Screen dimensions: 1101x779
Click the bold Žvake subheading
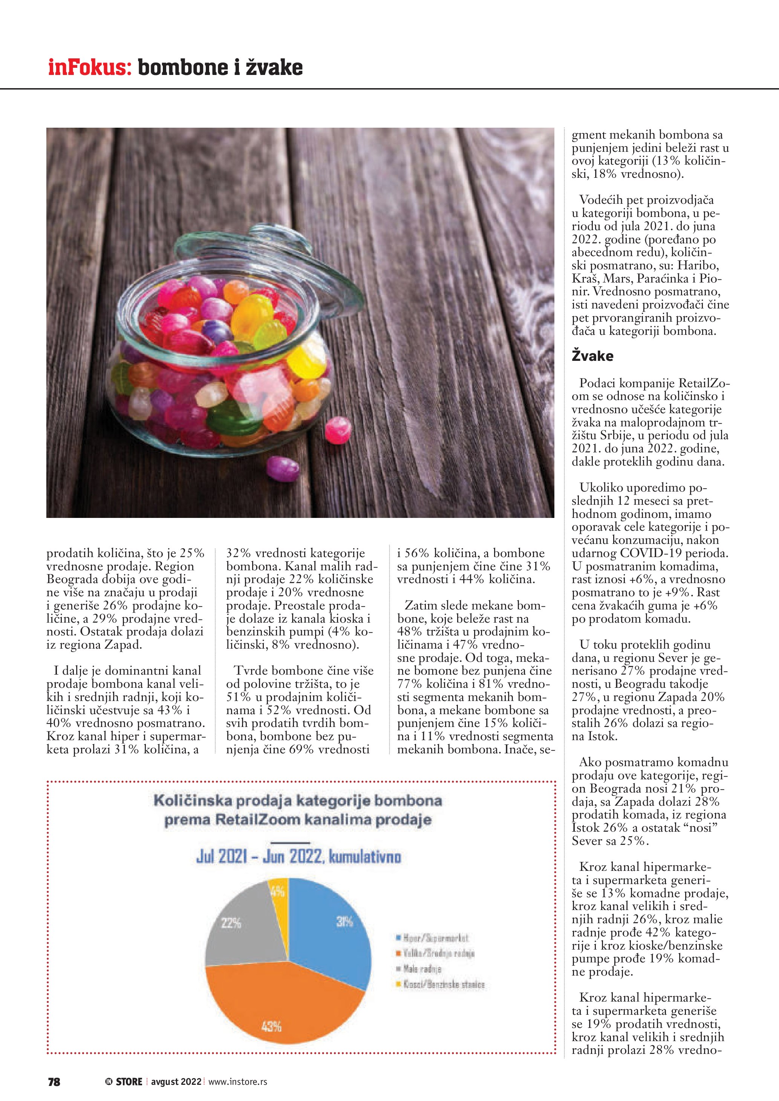(592, 356)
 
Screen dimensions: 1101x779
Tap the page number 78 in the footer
(54, 1082)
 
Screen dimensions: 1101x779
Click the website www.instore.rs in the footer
(237, 1082)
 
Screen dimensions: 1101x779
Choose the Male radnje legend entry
(422, 969)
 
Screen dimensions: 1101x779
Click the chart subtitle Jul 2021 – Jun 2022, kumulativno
(298, 857)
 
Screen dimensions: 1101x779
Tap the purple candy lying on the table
(283, 468)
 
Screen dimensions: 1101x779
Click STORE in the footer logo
(129, 1082)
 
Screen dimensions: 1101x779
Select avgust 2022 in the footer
(176, 1082)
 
